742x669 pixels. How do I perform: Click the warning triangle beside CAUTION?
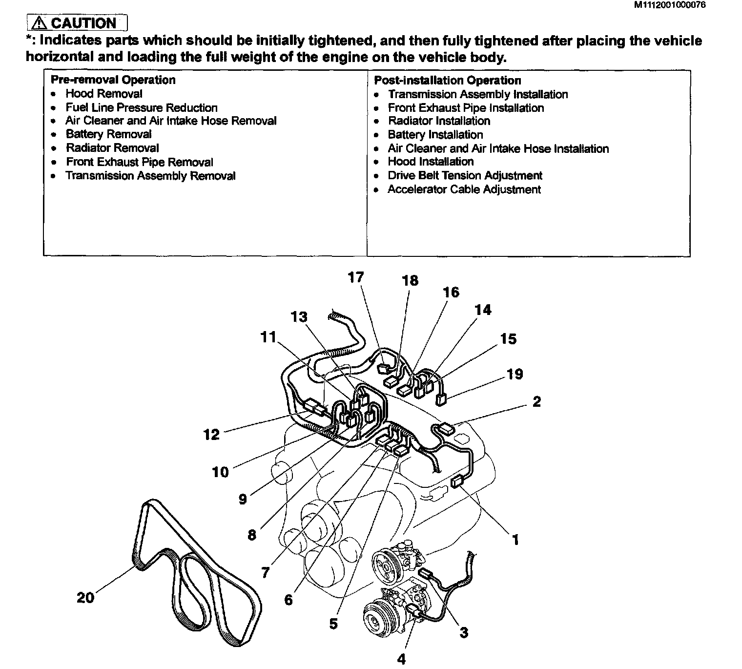(x=39, y=23)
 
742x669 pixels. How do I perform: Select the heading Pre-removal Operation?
(x=113, y=80)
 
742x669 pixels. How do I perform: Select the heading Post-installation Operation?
(x=447, y=80)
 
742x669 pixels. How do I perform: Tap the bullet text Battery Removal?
(x=108, y=134)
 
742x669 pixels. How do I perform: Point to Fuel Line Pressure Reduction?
(x=142, y=107)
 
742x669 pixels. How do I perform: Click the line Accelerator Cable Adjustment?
(x=464, y=189)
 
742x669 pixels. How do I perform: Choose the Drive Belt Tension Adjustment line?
(x=465, y=175)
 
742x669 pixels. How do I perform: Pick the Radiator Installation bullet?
(x=439, y=121)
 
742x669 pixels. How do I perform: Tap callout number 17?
(x=356, y=277)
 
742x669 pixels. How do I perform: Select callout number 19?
(x=515, y=374)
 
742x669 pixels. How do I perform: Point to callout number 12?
(x=211, y=434)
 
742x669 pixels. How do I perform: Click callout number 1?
(x=515, y=540)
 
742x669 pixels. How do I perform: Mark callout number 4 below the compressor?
(x=401, y=659)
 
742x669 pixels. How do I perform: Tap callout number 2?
(x=536, y=401)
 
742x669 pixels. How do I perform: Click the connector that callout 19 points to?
(x=441, y=400)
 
